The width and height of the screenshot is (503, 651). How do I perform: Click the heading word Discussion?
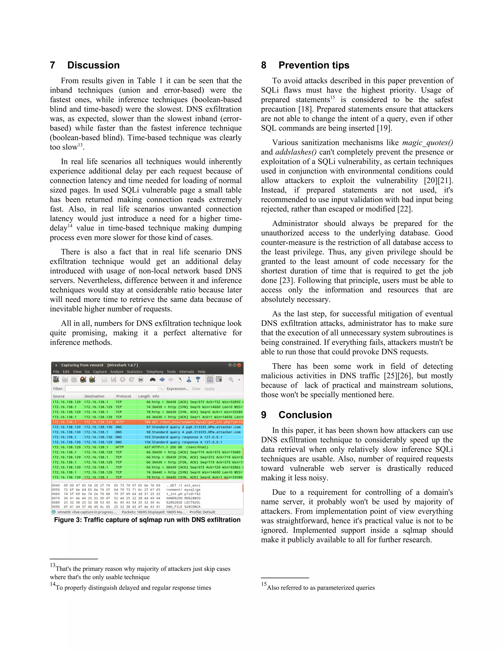pos(93,65)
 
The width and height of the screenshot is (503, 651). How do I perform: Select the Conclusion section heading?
pos(305,415)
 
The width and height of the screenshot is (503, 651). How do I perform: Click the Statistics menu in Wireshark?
pos(134,372)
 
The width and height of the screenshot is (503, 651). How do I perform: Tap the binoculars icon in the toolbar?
pos(153,380)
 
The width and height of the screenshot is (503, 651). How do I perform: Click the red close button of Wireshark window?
pos(239,365)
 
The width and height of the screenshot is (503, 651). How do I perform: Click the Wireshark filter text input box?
pos(112,389)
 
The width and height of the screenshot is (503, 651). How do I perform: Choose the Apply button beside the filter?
pos(209,389)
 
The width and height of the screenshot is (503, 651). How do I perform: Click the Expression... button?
pos(177,389)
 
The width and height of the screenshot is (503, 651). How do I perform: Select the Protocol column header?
pos(123,396)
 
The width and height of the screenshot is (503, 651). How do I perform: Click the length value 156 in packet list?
pos(148,442)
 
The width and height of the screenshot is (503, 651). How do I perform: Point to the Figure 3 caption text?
pos(147,520)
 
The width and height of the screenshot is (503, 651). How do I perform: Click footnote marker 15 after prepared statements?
pos(332,98)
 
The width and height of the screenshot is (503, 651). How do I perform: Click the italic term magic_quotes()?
pos(427,142)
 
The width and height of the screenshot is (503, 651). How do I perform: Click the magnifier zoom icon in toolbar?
pos(231,380)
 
